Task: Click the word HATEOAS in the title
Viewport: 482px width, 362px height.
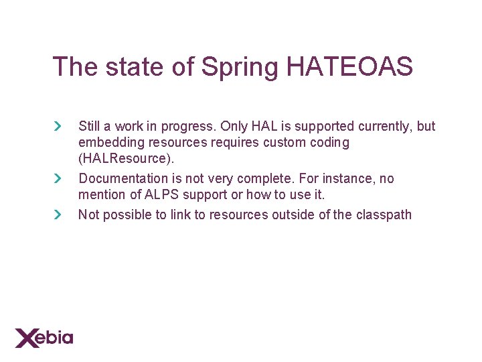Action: [x=349, y=67]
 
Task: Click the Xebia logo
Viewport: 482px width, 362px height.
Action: [x=44, y=337]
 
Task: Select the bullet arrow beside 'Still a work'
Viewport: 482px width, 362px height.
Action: [x=58, y=126]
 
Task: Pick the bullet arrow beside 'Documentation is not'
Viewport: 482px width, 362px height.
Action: [x=58, y=178]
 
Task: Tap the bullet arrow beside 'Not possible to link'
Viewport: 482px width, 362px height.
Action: [x=58, y=215]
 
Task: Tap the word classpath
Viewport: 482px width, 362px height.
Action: [x=384, y=215]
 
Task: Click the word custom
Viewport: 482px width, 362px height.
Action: [x=285, y=142]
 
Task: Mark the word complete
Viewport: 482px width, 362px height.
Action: [x=263, y=179]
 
